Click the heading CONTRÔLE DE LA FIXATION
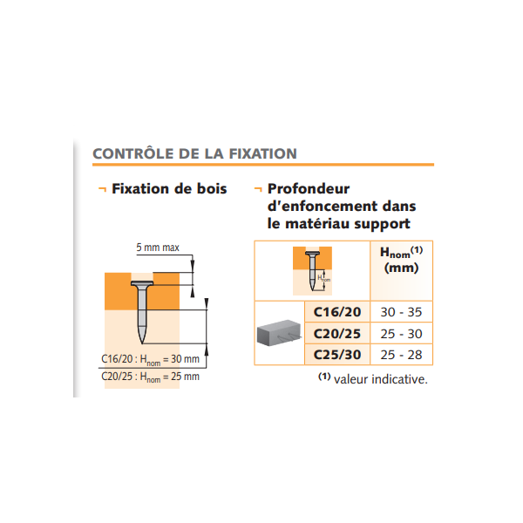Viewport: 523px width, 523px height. coord(194,153)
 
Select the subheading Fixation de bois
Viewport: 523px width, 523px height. coord(169,188)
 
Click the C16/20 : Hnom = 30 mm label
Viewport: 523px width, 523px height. coord(150,359)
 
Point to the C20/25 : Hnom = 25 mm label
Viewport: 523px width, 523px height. coord(150,377)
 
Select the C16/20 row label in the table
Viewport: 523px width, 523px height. coord(336,311)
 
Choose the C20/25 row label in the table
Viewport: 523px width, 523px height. coord(336,333)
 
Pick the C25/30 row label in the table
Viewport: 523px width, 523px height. coord(336,354)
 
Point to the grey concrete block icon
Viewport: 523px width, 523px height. coord(281,333)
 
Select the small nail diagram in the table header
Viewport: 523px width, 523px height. coord(311,270)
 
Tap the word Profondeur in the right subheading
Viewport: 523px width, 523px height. coord(309,188)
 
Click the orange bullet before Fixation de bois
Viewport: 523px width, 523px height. coord(102,188)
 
